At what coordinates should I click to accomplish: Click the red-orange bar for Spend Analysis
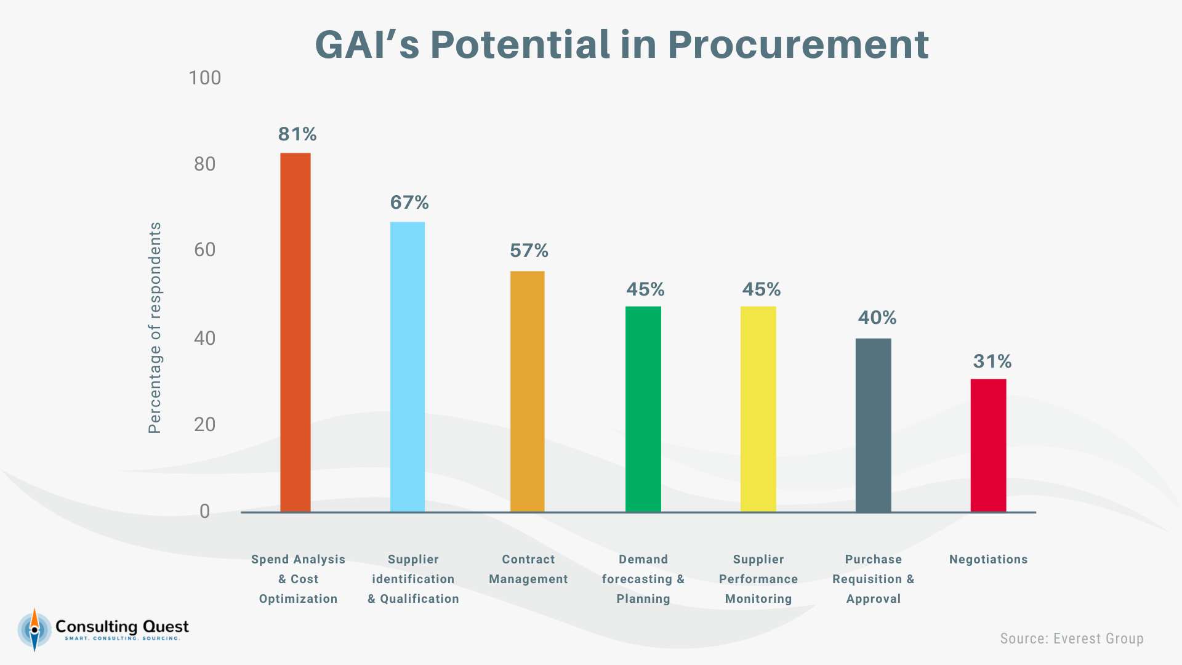coord(295,332)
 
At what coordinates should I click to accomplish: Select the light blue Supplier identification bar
coord(408,366)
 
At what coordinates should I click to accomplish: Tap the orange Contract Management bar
coord(528,391)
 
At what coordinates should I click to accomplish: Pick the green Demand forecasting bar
coord(643,409)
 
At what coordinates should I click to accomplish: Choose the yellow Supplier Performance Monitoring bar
coord(758,409)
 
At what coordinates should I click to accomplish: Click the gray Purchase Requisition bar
coord(873,425)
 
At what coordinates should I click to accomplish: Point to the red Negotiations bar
coord(988,445)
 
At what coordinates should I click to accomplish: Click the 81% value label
coord(297,134)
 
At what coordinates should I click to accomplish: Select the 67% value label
coord(409,202)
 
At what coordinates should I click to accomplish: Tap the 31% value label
coord(992,361)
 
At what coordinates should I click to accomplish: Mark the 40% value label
coord(877,317)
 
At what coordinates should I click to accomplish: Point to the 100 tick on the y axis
coord(204,78)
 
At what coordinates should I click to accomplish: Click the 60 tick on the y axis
coord(204,249)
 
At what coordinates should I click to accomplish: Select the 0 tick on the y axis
coord(204,511)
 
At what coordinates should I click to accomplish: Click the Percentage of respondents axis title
coord(155,328)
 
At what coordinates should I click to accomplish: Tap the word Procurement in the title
coord(798,44)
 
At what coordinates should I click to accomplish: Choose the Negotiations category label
coord(988,559)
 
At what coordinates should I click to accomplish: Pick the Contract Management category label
coord(528,569)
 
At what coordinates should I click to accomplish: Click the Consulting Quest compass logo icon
coord(34,629)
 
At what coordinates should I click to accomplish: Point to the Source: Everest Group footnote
coord(1072,639)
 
